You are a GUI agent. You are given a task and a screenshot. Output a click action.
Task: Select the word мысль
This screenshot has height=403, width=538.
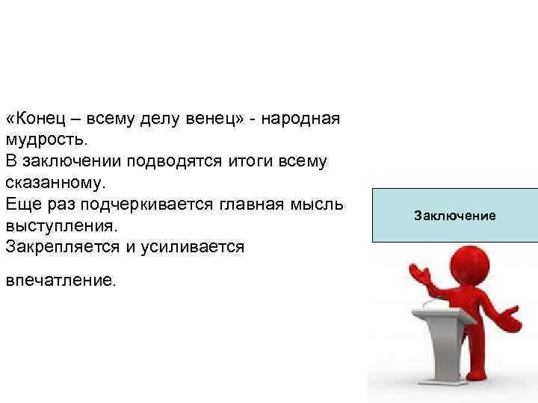(x=322, y=204)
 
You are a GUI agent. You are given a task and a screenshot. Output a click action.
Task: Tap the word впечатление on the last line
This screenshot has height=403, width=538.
(x=61, y=281)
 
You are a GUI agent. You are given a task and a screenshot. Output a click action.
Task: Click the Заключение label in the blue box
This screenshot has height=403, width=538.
(x=454, y=216)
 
